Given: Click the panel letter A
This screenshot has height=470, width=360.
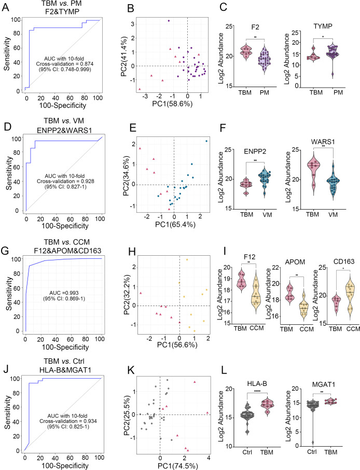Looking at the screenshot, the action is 5,7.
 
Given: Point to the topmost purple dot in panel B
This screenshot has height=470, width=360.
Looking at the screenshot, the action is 169,21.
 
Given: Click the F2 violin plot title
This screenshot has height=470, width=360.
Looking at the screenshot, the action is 255,27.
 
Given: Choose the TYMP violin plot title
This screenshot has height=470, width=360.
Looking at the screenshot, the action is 323,26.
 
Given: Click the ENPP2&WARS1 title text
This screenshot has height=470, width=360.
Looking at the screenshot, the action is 64,130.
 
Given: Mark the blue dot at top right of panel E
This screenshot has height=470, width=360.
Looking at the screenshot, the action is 206,141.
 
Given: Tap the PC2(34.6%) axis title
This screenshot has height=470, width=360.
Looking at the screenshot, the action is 126,176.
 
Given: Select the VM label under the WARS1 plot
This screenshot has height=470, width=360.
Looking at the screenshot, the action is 333,215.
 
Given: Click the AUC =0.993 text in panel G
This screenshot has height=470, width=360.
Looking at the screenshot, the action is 65,293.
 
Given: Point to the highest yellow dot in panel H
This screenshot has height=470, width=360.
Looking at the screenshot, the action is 187,259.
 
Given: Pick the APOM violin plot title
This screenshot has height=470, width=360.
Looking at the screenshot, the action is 296,262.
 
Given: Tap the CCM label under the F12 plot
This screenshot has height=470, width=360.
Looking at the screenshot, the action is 257,328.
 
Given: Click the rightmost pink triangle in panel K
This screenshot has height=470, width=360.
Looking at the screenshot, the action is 207,413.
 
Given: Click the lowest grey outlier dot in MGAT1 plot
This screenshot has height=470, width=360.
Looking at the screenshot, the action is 312,442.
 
